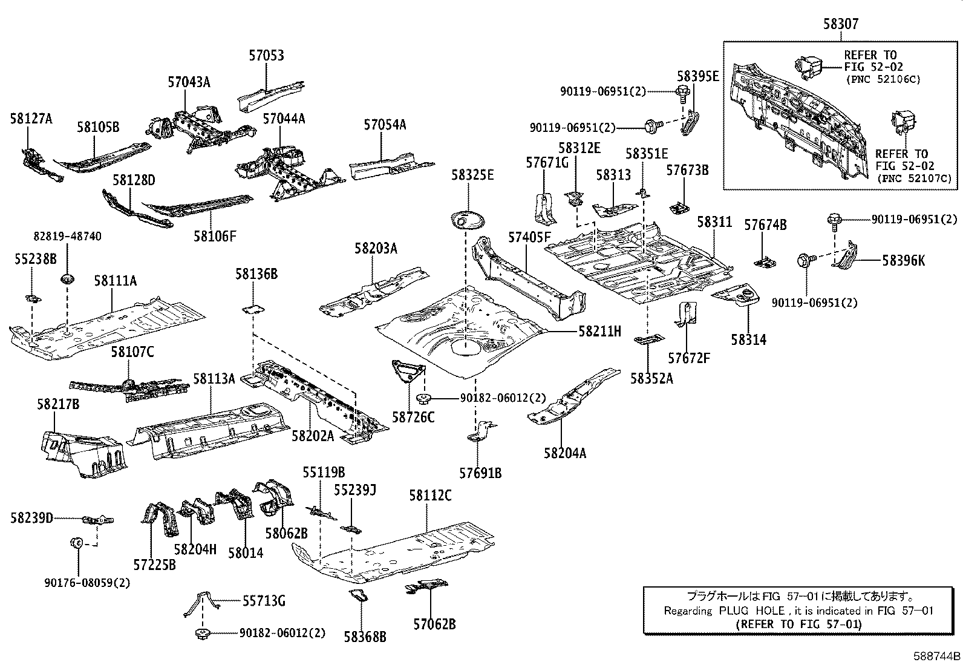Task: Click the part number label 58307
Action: pos(841,24)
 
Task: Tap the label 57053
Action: pos(267,56)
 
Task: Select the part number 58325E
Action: pos(472,175)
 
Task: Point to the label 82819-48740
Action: pos(68,237)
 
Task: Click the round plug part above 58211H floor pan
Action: pos(468,221)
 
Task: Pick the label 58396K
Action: pos(903,261)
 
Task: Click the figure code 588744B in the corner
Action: pos(937,657)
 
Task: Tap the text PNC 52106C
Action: pos(883,80)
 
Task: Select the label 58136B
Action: pos(256,274)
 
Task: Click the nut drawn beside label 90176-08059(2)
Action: pos(77,542)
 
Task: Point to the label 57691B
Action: pos(480,473)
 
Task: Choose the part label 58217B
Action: pos(58,404)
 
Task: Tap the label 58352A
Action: pos(651,379)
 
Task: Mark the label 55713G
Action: pos(264,601)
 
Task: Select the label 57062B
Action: pos(435,624)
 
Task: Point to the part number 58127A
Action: pos(31,119)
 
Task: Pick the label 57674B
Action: pos(765,225)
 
